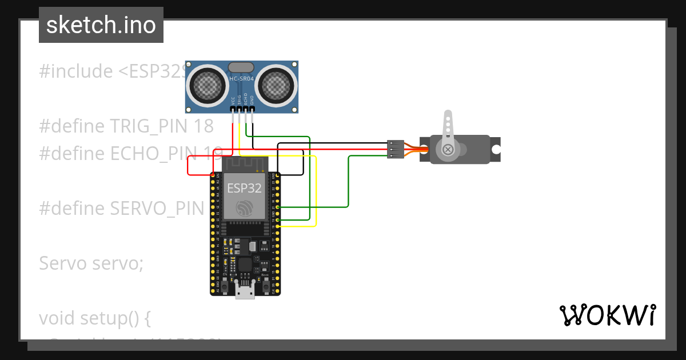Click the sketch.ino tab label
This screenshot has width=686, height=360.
pyautogui.click(x=101, y=25)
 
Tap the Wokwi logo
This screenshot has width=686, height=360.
pyautogui.click(x=607, y=315)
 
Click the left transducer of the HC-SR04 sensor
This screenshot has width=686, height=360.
pyautogui.click(x=206, y=86)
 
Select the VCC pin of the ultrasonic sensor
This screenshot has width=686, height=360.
pyautogui.click(x=233, y=109)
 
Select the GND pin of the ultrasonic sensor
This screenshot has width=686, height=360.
pyautogui.click(x=252, y=109)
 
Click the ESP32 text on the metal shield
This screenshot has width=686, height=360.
pyautogui.click(x=244, y=188)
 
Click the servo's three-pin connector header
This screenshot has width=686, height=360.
pyautogui.click(x=394, y=149)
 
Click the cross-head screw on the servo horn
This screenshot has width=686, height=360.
pyautogui.click(x=448, y=150)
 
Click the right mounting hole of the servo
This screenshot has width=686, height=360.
pyautogui.click(x=496, y=150)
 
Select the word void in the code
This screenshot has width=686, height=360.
pyautogui.click(x=57, y=318)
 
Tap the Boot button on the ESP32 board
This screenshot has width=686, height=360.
pyautogui.click(x=266, y=284)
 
